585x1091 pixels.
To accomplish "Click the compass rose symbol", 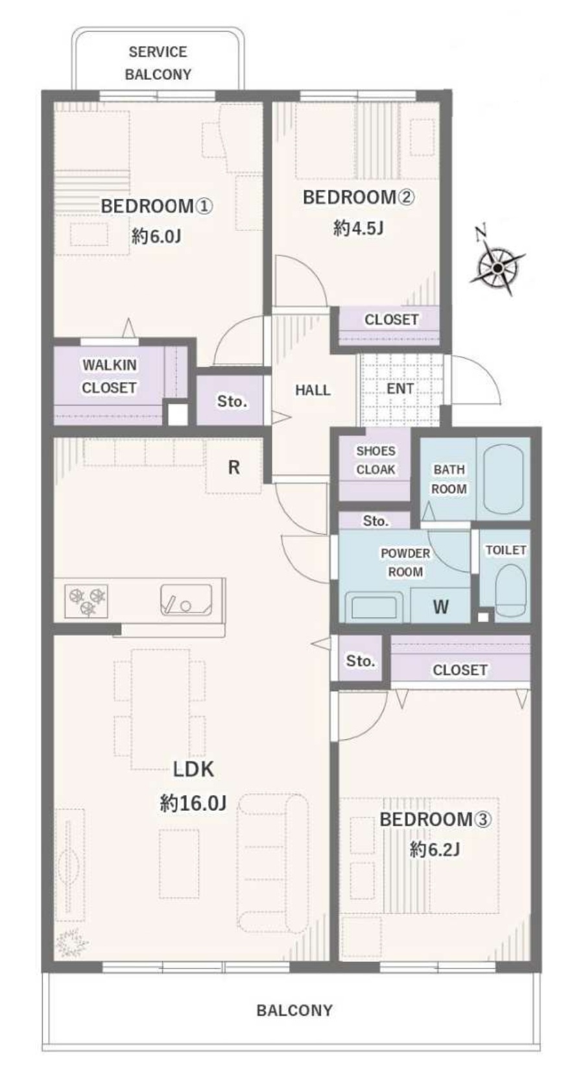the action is click(x=497, y=267).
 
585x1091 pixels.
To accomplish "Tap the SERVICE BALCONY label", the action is click(x=158, y=63).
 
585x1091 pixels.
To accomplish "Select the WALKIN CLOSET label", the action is click(x=109, y=376).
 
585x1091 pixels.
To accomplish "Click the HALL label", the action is click(x=313, y=390).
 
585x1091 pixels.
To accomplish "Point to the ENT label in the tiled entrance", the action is click(x=400, y=389).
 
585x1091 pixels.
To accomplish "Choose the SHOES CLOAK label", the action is click(x=376, y=461).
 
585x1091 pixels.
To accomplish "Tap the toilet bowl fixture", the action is click(x=510, y=591).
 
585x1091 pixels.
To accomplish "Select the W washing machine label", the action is click(x=440, y=607).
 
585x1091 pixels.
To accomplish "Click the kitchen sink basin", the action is click(x=185, y=599).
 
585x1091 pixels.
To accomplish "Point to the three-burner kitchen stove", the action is click(x=87, y=600).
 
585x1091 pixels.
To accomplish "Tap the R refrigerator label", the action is click(x=233, y=468).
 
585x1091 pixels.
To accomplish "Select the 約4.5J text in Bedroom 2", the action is click(x=358, y=228).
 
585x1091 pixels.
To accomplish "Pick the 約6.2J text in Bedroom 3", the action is click(x=435, y=850).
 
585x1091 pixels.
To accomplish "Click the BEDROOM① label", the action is click(x=157, y=206).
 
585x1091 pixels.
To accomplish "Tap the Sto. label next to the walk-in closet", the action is click(x=232, y=402).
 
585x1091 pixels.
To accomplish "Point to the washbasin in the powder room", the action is click(x=374, y=607).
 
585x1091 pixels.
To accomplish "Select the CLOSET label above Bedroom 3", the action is click(x=460, y=670).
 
